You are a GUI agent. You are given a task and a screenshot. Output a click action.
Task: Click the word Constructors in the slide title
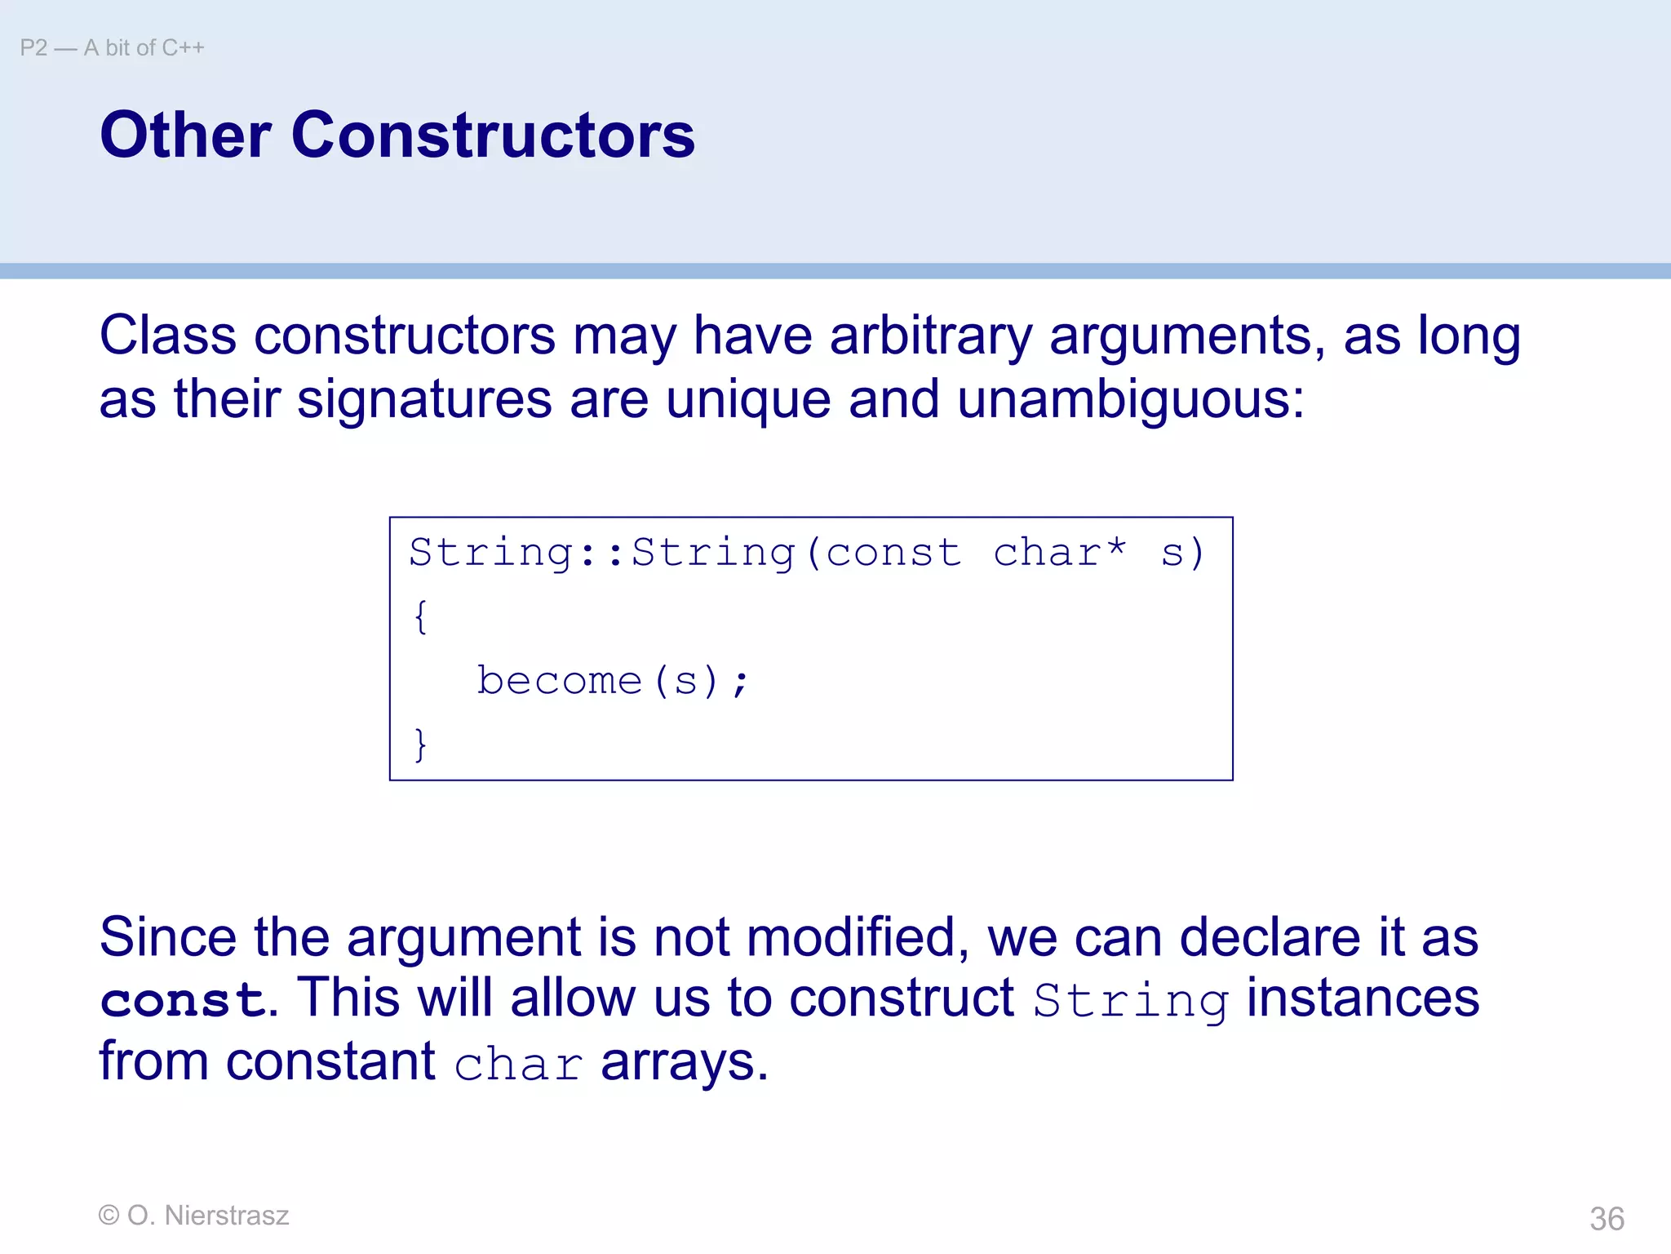point(493,135)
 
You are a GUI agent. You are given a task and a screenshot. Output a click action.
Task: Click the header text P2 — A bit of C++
point(112,48)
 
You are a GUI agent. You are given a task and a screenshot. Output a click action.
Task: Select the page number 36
point(1607,1219)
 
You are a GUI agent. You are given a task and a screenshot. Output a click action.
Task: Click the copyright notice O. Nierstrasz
point(193,1216)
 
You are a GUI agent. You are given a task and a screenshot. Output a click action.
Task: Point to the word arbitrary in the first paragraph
point(931,336)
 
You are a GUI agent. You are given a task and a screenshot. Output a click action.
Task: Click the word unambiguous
point(1130,399)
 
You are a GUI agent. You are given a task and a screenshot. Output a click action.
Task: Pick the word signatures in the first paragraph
point(424,399)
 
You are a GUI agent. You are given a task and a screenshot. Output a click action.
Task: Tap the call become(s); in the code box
point(612,680)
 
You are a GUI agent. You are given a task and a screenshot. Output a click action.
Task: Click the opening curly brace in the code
point(420,616)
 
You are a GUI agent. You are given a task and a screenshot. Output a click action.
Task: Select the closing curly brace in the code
point(420,744)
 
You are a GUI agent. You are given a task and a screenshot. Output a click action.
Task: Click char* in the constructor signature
point(1060,553)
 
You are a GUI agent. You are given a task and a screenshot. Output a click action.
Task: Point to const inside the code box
point(893,553)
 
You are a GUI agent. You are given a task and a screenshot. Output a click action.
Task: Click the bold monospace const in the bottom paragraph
point(183,1000)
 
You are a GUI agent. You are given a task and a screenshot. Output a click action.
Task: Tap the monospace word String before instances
point(1131,1000)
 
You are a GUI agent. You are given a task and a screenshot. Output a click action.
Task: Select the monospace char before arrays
point(518,1064)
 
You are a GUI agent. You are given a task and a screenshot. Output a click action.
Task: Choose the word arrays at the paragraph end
point(685,1062)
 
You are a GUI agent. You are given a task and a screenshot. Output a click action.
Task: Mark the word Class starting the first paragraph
point(168,336)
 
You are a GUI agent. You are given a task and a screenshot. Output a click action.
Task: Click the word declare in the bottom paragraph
point(1270,936)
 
